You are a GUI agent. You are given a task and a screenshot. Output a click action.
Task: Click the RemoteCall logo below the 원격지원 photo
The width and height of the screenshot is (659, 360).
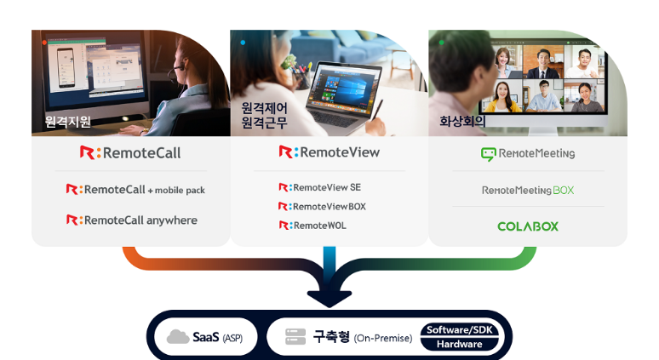pos(130,153)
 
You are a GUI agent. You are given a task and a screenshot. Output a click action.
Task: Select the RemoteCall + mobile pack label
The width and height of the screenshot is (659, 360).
pos(135,189)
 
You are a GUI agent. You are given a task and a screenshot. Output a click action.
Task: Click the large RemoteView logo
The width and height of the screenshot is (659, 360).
pos(329,152)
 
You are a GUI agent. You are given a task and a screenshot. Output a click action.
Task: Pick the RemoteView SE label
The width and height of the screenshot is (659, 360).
pos(319,186)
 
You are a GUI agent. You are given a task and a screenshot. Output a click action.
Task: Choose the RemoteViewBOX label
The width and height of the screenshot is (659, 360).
pos(322,206)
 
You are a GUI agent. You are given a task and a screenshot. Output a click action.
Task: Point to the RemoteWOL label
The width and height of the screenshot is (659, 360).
pos(312,226)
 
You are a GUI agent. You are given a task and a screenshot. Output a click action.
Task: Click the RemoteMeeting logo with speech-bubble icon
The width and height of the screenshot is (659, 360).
pos(527,154)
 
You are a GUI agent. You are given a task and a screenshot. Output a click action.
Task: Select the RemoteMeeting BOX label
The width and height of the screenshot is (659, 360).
pos(527,190)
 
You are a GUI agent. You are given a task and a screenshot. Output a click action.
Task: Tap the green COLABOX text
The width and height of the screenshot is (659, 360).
pos(527,226)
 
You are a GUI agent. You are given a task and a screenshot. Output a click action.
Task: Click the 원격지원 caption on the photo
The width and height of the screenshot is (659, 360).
pos(68,122)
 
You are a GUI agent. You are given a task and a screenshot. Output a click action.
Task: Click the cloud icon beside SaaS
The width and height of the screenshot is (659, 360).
pos(178,337)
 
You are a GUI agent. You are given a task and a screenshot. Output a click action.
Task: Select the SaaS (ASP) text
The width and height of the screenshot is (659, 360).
pos(217,337)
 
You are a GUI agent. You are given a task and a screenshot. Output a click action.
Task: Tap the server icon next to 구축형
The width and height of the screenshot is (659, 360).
pos(295,337)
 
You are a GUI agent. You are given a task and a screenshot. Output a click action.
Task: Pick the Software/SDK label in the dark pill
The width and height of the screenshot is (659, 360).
pos(460,329)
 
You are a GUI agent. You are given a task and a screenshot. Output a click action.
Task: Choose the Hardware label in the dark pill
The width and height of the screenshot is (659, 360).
pos(460,344)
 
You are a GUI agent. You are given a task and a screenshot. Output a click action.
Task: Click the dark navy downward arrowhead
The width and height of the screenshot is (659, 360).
pos(329,296)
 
